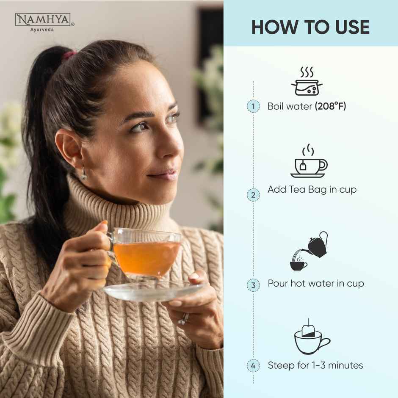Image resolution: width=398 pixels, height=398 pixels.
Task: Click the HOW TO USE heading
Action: pyautogui.click(x=310, y=27)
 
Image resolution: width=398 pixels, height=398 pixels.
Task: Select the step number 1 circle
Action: pyautogui.click(x=253, y=106)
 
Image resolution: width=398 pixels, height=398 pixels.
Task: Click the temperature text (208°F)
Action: pyautogui.click(x=330, y=106)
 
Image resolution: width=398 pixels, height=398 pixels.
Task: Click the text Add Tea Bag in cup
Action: pyautogui.click(x=312, y=190)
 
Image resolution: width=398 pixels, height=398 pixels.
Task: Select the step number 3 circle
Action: pyautogui.click(x=253, y=285)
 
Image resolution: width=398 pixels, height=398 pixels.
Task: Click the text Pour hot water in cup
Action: pyautogui.click(x=315, y=283)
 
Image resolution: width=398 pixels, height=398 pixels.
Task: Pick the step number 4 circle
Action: pyautogui.click(x=253, y=365)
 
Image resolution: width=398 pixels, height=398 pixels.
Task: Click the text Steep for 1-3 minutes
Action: pyautogui.click(x=315, y=365)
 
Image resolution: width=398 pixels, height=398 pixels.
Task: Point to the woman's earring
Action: pyautogui.click(x=84, y=173)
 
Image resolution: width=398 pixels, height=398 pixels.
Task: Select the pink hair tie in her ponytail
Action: pyautogui.click(x=70, y=55)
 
